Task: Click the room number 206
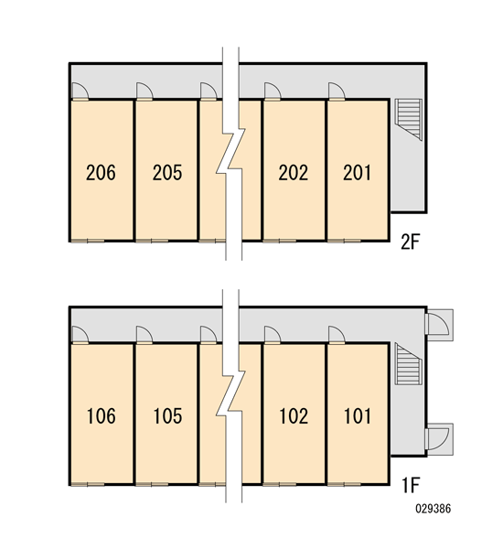click(x=101, y=172)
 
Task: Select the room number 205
click(x=167, y=172)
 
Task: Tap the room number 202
click(x=294, y=172)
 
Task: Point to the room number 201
click(x=357, y=172)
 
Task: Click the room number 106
click(x=102, y=416)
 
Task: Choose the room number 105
click(x=167, y=416)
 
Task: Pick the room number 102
click(x=294, y=416)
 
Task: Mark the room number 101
click(x=358, y=416)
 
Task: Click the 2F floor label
click(x=411, y=242)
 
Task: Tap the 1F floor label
click(x=411, y=485)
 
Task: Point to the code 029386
click(x=433, y=509)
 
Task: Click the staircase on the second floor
click(x=409, y=120)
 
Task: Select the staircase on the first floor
click(x=409, y=364)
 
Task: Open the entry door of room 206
click(x=80, y=91)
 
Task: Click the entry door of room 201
click(x=337, y=91)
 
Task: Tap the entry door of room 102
click(x=273, y=335)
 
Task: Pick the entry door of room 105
click(x=144, y=335)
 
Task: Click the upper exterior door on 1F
click(x=439, y=325)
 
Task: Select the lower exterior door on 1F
click(x=439, y=439)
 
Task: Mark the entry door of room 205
click(x=144, y=91)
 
